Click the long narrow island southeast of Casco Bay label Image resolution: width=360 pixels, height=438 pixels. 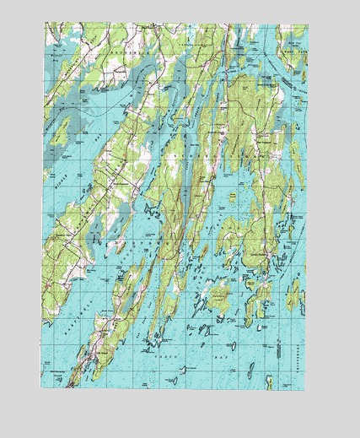250,370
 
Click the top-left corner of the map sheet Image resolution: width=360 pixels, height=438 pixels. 45,23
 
